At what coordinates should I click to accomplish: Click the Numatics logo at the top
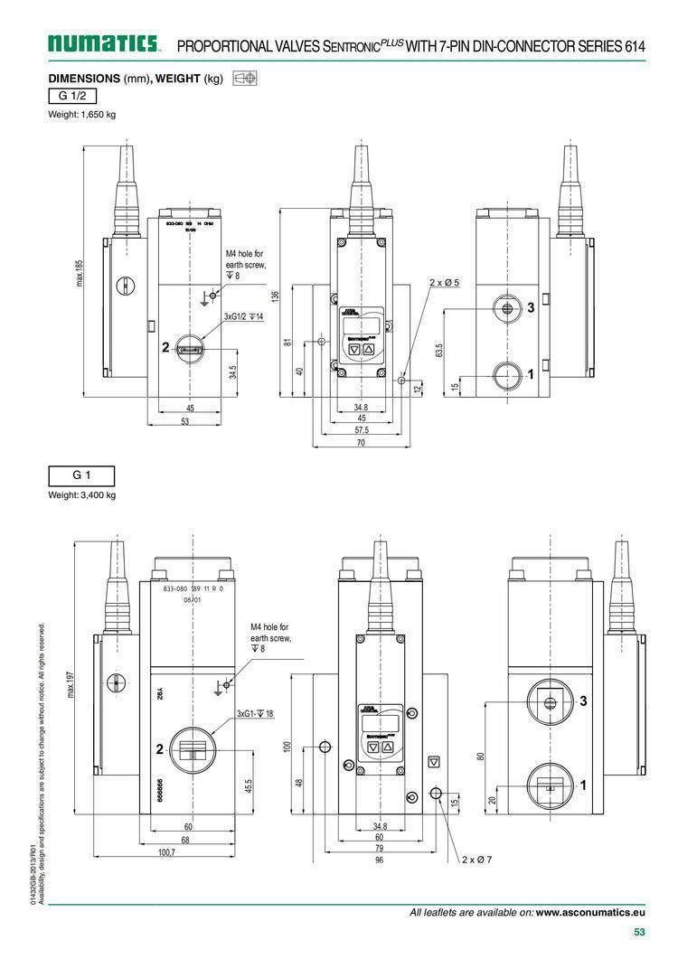[105, 43]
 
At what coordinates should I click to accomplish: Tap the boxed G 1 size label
[81, 475]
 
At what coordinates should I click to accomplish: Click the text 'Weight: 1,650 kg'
[81, 114]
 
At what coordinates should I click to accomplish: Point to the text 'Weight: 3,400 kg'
[81, 494]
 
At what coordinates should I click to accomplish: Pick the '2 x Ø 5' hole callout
[444, 283]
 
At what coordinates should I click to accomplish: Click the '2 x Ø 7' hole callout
[476, 859]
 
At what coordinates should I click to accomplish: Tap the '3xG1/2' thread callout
[243, 316]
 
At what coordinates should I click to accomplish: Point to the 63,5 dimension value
[439, 350]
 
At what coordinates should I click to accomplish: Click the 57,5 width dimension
[360, 430]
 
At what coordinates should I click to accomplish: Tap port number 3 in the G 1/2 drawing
[531, 308]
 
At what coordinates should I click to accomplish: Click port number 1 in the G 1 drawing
[583, 785]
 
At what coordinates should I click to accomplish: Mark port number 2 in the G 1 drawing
[159, 748]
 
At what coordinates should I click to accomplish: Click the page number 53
[639, 933]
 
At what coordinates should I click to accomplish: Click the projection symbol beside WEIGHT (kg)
[244, 79]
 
